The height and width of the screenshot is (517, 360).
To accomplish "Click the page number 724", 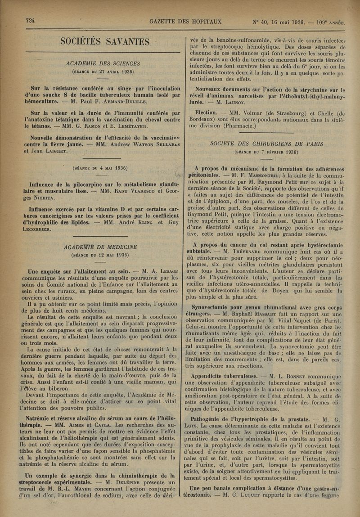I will [x=31, y=21].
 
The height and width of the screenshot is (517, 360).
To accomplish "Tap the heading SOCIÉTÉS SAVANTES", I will [x=105, y=42].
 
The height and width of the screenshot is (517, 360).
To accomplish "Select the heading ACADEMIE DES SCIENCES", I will [x=103, y=63].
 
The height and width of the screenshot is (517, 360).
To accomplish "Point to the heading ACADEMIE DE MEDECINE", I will [x=101, y=247].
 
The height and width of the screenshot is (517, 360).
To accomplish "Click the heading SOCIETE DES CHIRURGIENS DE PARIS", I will [x=267, y=144].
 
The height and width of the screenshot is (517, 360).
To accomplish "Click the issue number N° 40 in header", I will [x=263, y=22].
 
